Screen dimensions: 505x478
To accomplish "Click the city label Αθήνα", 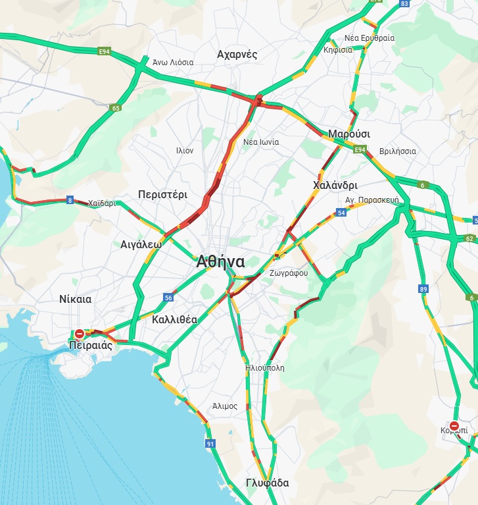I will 220,261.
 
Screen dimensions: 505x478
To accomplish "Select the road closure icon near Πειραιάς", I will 80,334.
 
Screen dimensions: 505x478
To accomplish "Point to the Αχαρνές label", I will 237,55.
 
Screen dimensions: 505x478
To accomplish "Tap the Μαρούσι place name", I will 349,134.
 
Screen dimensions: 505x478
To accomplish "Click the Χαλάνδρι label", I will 335,186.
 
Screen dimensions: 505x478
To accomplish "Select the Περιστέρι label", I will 162,195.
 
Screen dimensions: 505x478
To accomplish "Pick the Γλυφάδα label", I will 267,483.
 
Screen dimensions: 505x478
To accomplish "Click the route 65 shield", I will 116,108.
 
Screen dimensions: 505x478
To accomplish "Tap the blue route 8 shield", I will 70,200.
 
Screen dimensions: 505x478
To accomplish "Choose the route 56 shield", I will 168,298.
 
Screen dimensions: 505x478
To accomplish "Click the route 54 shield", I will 341,213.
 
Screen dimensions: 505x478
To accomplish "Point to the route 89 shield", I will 423,289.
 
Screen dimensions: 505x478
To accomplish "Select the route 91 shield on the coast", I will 210,444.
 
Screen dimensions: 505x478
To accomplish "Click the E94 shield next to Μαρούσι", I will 360,151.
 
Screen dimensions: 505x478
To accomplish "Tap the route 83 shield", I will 404,4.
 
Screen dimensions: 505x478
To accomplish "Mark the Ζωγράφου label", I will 288,273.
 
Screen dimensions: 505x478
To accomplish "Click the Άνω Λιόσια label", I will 173,62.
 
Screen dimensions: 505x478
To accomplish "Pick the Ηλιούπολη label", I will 264,368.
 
